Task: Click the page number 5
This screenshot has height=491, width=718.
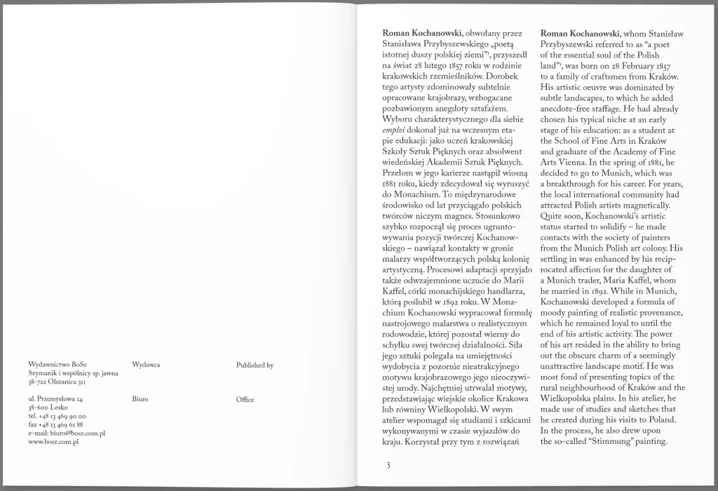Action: click(388, 464)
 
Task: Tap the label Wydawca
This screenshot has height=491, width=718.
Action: click(146, 365)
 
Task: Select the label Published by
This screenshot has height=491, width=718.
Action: click(255, 365)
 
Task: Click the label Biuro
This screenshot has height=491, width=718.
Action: click(140, 399)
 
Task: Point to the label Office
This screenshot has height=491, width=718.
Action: click(245, 399)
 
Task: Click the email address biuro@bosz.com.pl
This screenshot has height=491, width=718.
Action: click(67, 433)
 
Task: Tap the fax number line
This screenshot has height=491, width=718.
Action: click(56, 425)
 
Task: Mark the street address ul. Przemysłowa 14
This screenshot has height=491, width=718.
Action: click(56, 399)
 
